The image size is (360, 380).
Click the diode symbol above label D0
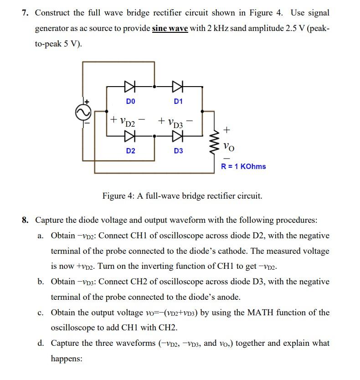(x=130, y=85)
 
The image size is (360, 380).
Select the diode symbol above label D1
(x=178, y=85)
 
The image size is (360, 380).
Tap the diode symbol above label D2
(x=130, y=135)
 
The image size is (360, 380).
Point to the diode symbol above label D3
(x=178, y=135)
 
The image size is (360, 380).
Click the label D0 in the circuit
(x=130, y=101)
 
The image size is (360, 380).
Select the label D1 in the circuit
(x=178, y=101)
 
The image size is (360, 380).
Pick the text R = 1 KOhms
(x=243, y=166)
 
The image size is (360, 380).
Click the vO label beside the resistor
(x=229, y=146)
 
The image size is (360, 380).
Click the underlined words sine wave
(x=170, y=28)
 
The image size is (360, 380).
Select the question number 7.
(x=25, y=13)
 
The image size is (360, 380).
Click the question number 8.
(x=25, y=220)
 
